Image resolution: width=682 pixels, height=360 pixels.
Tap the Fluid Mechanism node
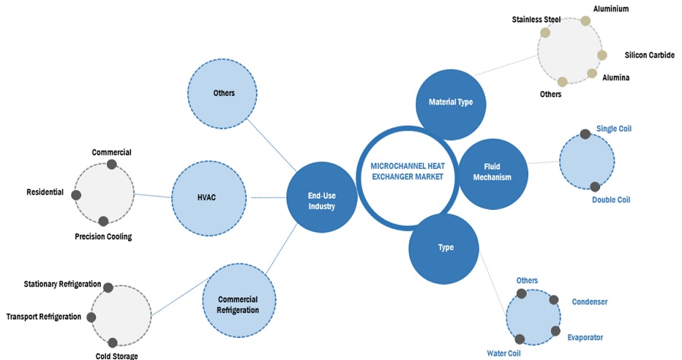pos(493,172)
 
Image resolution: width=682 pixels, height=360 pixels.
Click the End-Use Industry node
pos(321,199)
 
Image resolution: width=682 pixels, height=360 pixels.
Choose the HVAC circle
pos(208,199)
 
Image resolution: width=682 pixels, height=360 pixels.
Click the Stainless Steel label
pos(536,20)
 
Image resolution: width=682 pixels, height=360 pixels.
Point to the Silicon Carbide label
pos(649,55)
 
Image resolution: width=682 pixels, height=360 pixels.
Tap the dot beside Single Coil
pos(585,134)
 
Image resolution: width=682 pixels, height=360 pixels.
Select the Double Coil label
pos(611,200)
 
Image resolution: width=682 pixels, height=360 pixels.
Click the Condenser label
pos(590,302)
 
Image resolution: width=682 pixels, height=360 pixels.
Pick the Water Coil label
pos(505,352)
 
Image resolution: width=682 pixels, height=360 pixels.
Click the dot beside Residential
pos(76,196)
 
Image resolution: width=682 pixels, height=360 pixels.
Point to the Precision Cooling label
pos(103,236)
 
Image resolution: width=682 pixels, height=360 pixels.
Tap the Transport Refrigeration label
pos(44,317)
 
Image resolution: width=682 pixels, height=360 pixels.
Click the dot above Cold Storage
pos(113,343)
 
